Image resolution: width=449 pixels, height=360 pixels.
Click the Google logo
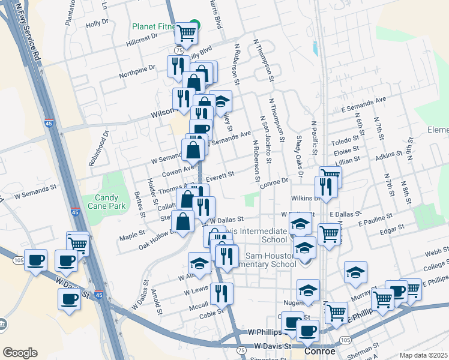pos(20,353)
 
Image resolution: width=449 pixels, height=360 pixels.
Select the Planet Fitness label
pos(154,27)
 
